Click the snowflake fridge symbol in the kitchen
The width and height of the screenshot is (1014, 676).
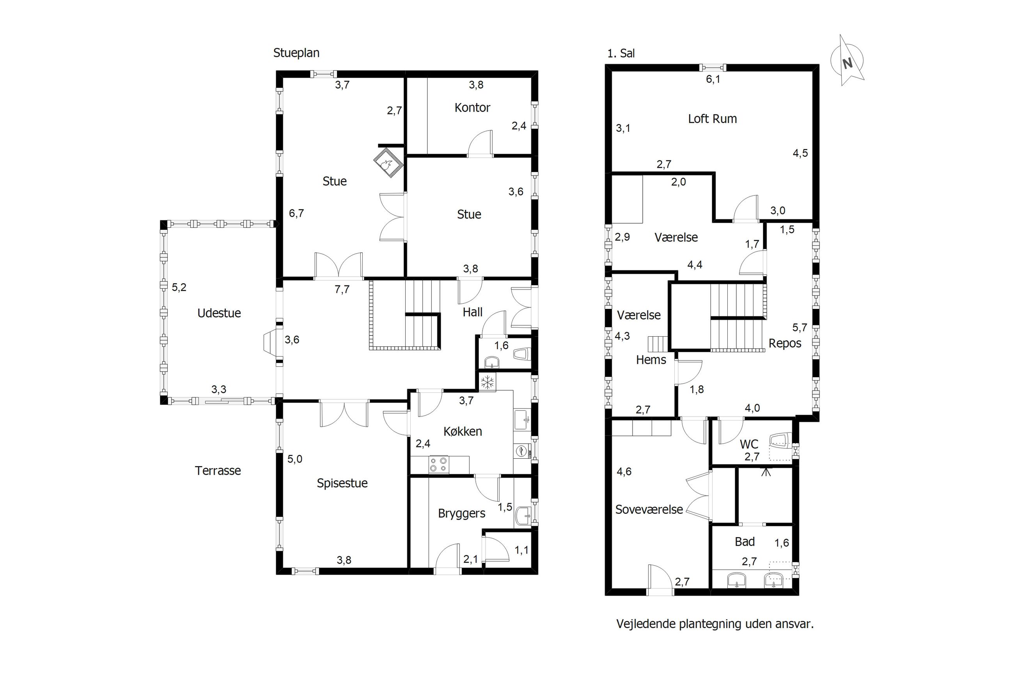[x=487, y=382]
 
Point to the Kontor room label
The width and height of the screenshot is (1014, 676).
[x=472, y=107]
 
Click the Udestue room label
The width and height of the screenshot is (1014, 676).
[x=219, y=313]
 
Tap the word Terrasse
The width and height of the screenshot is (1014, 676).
[x=218, y=470]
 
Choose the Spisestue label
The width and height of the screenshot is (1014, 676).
[x=342, y=483]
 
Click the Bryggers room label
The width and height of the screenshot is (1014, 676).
[x=461, y=513]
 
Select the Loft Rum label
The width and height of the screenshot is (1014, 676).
[x=713, y=119]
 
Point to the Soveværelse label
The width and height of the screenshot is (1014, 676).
[x=649, y=509]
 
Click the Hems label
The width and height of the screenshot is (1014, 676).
[x=651, y=360]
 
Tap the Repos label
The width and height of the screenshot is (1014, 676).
[x=785, y=344]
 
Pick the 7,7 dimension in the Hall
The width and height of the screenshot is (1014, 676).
[x=342, y=289]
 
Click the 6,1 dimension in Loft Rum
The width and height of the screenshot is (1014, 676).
[x=713, y=79]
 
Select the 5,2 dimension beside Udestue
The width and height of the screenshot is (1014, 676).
[x=179, y=287]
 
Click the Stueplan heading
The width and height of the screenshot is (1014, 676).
[x=296, y=53]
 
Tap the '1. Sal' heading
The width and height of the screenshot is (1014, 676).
[x=620, y=53]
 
